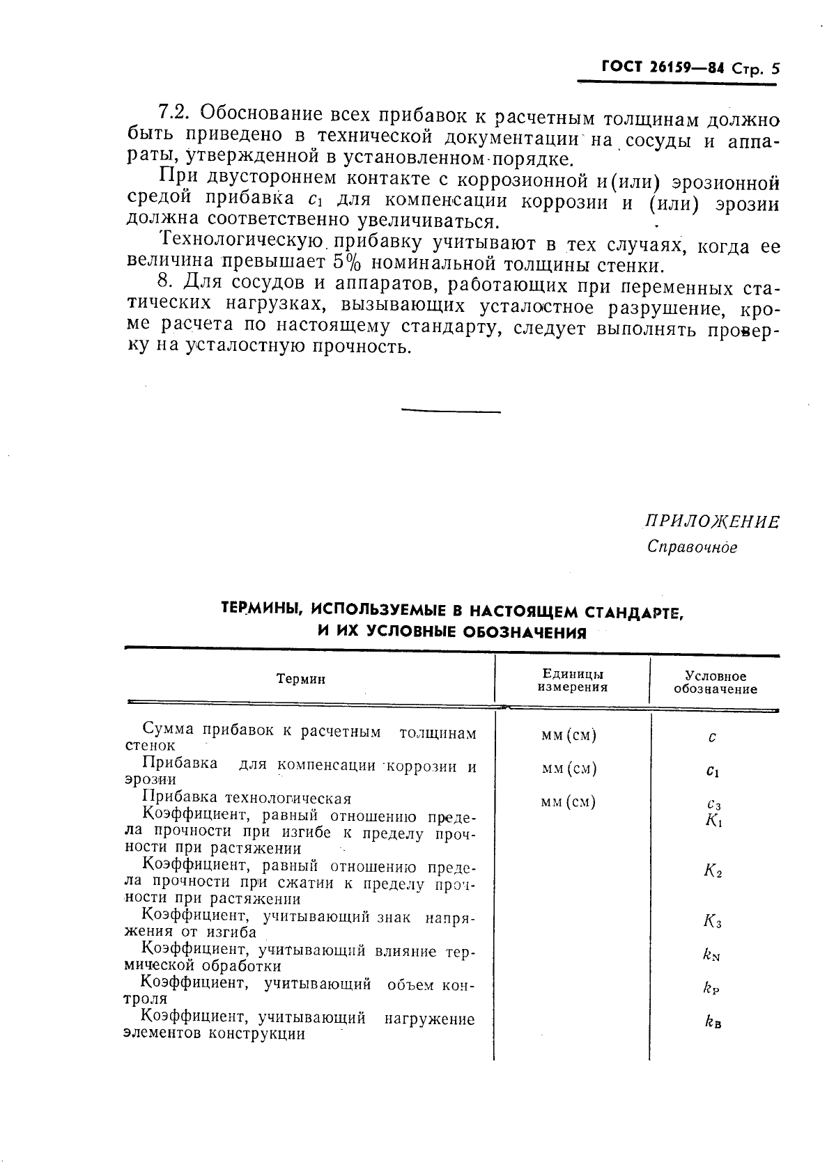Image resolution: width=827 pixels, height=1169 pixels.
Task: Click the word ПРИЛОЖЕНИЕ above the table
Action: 711,522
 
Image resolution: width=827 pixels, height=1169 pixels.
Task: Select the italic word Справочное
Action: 692,547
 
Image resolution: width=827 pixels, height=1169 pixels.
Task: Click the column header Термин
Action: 300,679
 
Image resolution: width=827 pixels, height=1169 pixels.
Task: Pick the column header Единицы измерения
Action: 572,680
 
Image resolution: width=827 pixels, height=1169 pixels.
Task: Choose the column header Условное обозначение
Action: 715,682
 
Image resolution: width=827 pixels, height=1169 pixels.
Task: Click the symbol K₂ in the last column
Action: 712,870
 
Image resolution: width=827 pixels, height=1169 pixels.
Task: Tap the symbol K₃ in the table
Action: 712,923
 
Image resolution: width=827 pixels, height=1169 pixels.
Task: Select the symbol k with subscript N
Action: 711,955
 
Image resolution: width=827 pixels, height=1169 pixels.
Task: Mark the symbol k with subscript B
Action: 712,1022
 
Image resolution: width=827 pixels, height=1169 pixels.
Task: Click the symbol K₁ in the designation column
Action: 713,820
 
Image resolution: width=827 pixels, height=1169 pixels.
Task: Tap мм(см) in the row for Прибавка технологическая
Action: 569,802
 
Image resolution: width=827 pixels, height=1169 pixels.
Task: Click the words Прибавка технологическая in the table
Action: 247,798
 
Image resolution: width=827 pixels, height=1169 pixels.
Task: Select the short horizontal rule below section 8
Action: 451,411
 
